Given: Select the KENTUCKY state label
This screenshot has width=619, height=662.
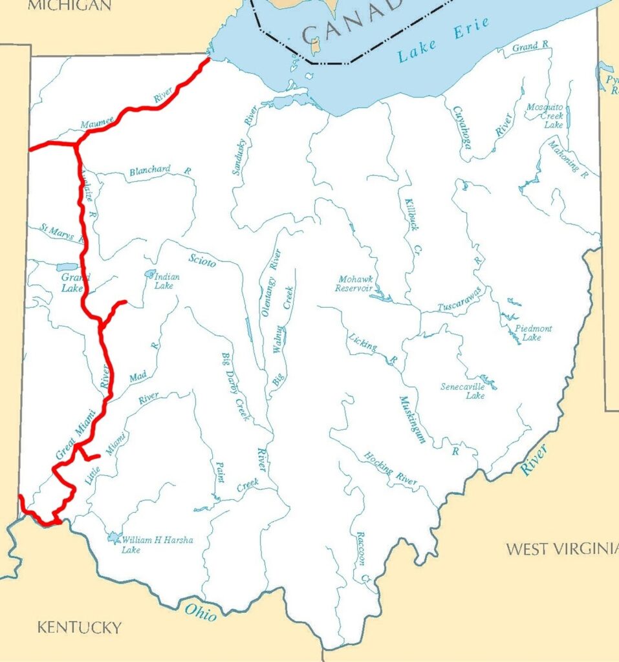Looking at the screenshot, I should (x=79, y=627).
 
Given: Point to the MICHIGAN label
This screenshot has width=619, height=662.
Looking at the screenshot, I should (x=70, y=6).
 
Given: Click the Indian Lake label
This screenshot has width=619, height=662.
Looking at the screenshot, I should (x=166, y=281).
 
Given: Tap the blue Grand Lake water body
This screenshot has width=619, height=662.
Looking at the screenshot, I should (x=66, y=267).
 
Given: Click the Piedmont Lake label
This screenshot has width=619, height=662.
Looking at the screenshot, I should (x=533, y=333).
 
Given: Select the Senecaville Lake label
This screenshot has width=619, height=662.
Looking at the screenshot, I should (x=462, y=391).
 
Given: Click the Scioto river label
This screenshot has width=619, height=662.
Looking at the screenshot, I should (x=202, y=261).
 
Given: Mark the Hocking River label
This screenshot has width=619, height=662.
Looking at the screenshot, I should (x=390, y=469).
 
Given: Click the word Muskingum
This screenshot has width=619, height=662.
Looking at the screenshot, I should (x=413, y=419).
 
